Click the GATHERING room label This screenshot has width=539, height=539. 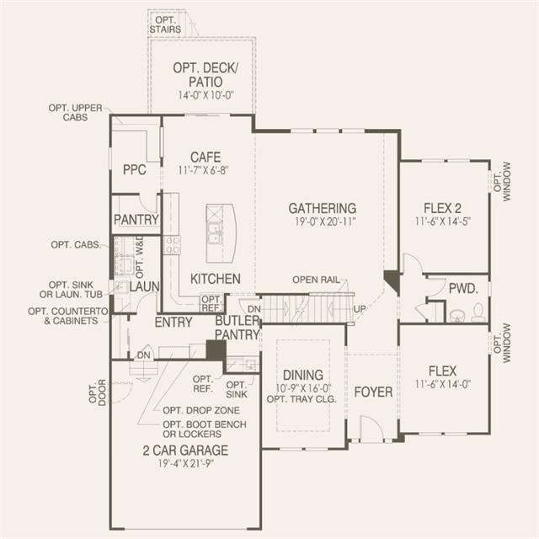coord(322,208)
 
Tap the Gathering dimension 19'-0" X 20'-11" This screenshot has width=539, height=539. coord(325,221)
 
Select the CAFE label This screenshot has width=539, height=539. coord(205,157)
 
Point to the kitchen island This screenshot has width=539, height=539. coord(221,233)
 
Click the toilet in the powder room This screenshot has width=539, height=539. coord(478,312)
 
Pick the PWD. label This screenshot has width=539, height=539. coord(463,289)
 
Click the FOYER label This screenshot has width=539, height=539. coord(373,392)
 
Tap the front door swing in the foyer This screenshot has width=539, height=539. coord(371,427)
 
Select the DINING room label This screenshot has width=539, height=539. coord(303,375)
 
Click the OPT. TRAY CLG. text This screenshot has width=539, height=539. coord(302,399)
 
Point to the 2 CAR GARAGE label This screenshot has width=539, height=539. coord(185,451)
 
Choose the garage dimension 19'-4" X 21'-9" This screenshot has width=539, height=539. coord(186,464)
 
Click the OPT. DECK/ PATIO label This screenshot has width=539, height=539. coord(205,75)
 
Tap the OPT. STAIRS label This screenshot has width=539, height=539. coord(165,24)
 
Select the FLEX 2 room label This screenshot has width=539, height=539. coord(442,208)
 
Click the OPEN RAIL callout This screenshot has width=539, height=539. coord(316,280)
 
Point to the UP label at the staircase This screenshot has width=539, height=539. coord(360,309)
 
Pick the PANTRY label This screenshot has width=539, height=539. coord(136,219)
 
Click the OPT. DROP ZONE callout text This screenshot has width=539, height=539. coord(201,410)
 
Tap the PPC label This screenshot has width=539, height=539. coord(135,169)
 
